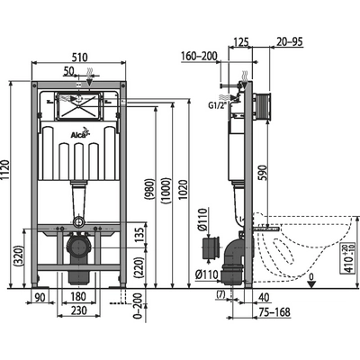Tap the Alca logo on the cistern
point(82,138)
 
